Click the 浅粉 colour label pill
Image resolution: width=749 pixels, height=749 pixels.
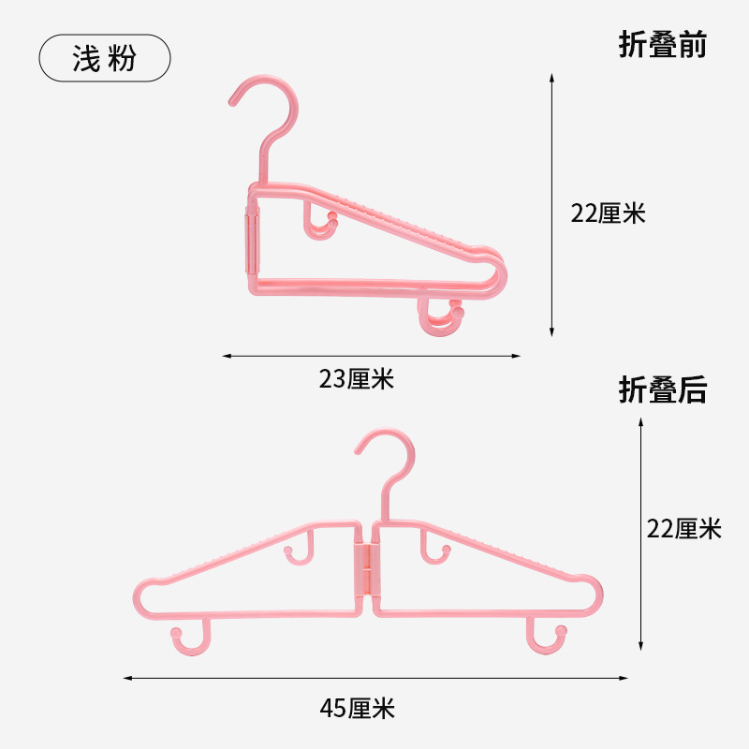click(105, 59)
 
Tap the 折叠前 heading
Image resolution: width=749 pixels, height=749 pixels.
click(662, 44)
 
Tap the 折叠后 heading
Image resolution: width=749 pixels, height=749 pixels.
click(662, 389)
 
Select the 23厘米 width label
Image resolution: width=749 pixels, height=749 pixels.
click(357, 379)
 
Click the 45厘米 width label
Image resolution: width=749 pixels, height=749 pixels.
click(357, 709)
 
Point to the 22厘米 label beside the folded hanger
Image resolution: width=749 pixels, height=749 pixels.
click(609, 213)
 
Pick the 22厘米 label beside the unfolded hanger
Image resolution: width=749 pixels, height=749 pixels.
click(684, 529)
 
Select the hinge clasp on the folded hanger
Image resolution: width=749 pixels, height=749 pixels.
click(251, 238)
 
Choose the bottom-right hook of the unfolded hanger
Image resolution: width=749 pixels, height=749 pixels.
click(547, 639)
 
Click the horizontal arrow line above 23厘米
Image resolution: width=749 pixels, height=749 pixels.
click(372, 356)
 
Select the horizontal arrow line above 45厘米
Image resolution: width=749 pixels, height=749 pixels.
click(375, 678)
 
